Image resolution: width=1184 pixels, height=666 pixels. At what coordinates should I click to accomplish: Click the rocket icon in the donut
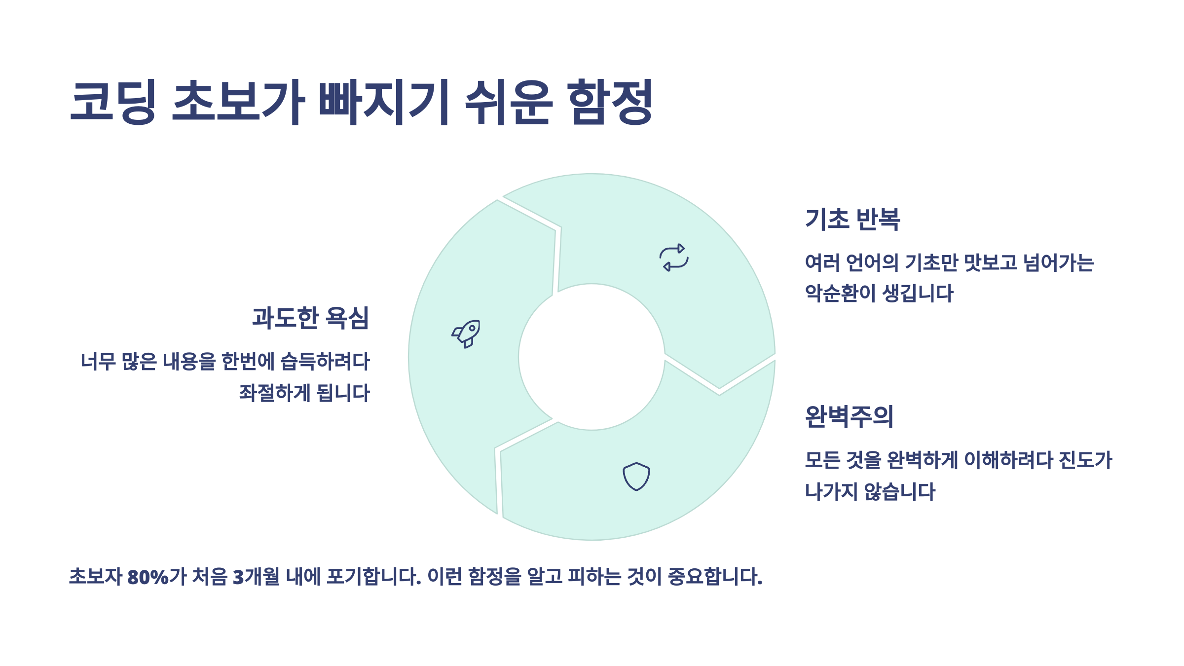pos(466,333)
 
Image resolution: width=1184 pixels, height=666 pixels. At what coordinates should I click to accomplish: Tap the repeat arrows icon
pos(674,257)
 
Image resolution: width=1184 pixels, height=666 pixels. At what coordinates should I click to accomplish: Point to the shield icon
pos(636,476)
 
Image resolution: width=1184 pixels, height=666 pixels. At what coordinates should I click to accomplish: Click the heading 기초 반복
pos(852,219)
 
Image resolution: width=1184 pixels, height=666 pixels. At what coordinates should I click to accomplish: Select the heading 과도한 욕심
pos(310,318)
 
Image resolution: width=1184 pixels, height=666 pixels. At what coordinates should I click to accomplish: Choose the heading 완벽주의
pos(849,416)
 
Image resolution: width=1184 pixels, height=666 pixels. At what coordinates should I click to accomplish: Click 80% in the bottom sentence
pos(148,577)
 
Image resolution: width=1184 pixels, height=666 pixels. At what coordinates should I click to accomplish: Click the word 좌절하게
pos(275,393)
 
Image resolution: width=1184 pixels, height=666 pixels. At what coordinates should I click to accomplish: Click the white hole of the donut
pos(592,357)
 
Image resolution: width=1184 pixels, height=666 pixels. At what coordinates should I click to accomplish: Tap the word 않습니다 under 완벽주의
pos(899,491)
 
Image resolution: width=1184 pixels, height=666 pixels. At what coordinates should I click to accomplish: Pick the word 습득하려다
pos(325,362)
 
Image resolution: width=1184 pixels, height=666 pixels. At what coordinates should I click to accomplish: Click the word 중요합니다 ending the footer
pos(715,577)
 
